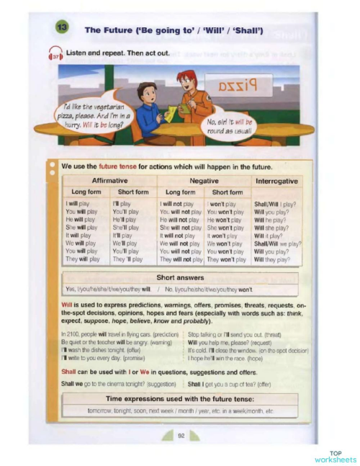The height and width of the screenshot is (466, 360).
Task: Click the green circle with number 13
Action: (x=61, y=28)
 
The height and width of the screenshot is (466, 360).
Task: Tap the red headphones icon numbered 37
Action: (x=55, y=54)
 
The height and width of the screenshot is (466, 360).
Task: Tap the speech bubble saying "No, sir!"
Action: (x=228, y=125)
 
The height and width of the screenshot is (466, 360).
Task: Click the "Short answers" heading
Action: (x=180, y=277)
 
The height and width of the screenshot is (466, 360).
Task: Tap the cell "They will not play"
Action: (x=180, y=259)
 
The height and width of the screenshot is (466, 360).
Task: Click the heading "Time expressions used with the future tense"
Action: (x=180, y=398)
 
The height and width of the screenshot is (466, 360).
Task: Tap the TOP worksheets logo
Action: (x=335, y=456)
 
